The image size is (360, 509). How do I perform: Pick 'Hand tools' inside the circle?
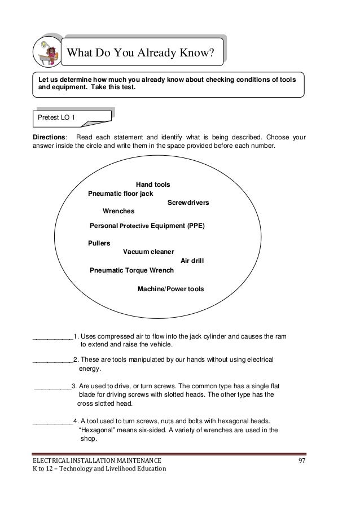pyautogui.click(x=153, y=185)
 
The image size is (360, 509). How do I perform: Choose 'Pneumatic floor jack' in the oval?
pyautogui.click(x=120, y=194)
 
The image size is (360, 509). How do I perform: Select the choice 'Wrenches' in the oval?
pyautogui.click(x=118, y=211)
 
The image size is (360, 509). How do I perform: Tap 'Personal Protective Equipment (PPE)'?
pyautogui.click(x=147, y=226)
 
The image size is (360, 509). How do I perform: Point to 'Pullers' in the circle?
pyautogui.click(x=99, y=243)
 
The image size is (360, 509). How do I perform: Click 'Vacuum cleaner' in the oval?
pyautogui.click(x=148, y=252)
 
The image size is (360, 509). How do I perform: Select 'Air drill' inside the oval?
pyautogui.click(x=192, y=261)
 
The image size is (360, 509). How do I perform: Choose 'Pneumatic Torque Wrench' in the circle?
pyautogui.click(x=131, y=270)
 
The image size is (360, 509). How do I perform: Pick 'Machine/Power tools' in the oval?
pyautogui.click(x=170, y=289)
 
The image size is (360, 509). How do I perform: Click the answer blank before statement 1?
pyautogui.click(x=52, y=337)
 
